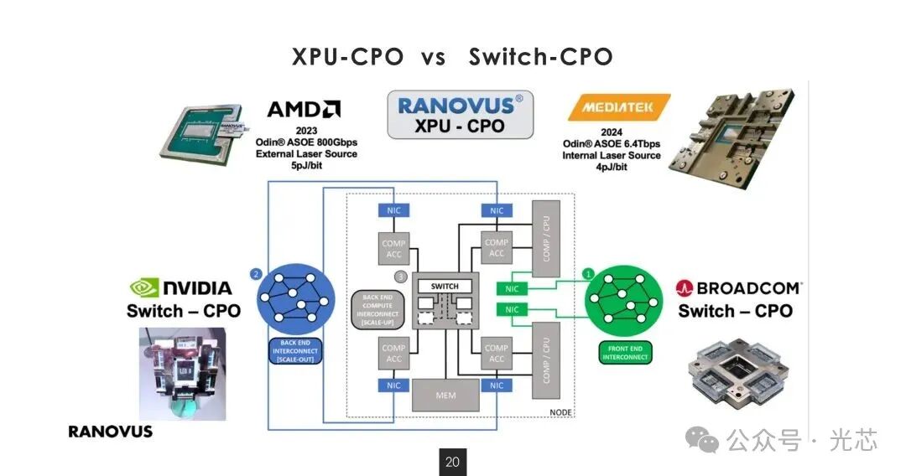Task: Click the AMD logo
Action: coord(304,110)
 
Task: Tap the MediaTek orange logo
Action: coord(618,108)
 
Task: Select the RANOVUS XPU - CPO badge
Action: coord(460,115)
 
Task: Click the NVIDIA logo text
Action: coord(183,288)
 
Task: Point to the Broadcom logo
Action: coord(738,288)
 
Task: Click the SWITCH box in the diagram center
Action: coord(445,287)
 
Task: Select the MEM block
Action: coord(445,395)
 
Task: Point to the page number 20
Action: coord(453,462)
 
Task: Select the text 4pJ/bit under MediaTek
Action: coord(612,167)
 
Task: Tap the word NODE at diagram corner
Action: coord(560,412)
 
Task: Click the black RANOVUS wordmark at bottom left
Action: coord(111,432)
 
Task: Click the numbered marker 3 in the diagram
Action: coord(400,277)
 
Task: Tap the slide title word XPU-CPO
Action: coord(349,57)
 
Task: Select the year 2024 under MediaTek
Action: coord(612,132)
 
